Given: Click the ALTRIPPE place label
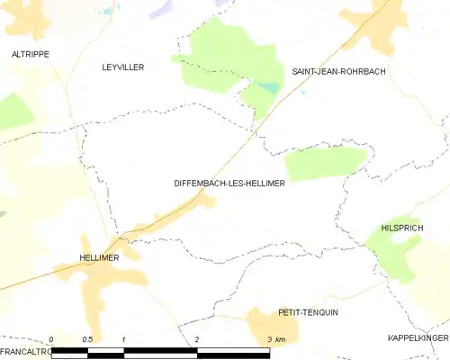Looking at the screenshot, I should point(30,54).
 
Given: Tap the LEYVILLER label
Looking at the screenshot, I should point(123,67).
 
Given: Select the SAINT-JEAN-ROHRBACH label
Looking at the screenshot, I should point(337,70).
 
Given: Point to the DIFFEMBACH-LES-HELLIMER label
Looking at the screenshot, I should point(229,183).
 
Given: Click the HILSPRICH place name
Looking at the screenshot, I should point(402,229).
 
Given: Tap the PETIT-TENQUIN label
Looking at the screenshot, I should point(308,311).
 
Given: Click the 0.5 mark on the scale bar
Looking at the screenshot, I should point(86,339).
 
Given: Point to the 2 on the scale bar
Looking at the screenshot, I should point(196,339).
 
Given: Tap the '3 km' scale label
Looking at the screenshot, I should point(276,339).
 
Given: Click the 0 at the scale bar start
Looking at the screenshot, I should point(51,339).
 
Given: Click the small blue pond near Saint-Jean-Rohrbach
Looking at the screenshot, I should point(267,88).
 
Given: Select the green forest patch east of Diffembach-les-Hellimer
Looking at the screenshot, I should point(324,163).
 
